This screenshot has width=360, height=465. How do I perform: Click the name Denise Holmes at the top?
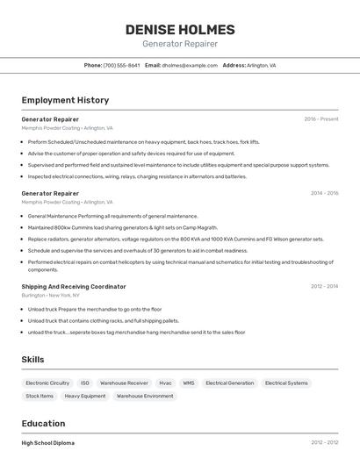click(180, 29)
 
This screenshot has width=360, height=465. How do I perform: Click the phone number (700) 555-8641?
click(121, 65)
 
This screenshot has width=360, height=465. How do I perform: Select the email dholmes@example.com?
click(190, 65)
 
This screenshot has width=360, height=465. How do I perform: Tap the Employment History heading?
click(65, 100)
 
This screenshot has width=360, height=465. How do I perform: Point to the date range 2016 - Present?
click(321, 119)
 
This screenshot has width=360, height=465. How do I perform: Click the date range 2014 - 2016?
click(324, 193)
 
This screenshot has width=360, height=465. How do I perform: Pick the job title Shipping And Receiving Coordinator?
click(74, 286)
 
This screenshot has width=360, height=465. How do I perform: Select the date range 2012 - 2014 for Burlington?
click(324, 286)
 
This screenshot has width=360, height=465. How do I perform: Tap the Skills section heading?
click(33, 360)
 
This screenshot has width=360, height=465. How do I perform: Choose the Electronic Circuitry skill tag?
click(47, 383)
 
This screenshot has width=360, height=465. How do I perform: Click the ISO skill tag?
click(85, 383)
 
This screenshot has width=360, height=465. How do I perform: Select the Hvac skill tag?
click(165, 383)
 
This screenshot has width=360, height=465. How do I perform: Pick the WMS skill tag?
click(189, 383)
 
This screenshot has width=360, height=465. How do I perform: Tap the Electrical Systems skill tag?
click(286, 383)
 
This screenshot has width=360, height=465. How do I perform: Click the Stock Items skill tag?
click(40, 396)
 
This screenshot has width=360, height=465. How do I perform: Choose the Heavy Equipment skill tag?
click(85, 396)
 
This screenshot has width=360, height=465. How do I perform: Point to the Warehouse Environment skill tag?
click(145, 396)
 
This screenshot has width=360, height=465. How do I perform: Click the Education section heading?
click(43, 423)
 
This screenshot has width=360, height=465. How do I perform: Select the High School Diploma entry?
click(48, 443)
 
